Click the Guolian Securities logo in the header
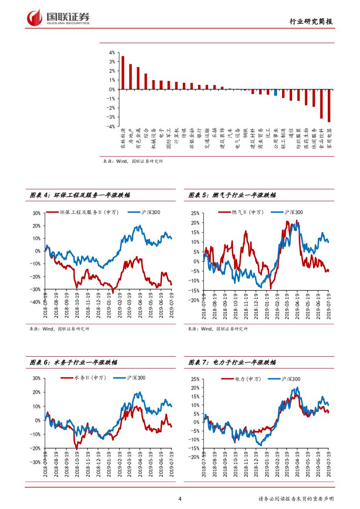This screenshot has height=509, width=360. pos(58,18)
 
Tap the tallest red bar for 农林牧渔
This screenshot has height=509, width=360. pos(123,72)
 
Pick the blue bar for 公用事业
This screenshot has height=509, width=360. pos(276,92)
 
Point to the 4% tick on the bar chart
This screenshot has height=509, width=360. pos(112,52)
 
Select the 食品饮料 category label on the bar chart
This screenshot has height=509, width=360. pos(321,139)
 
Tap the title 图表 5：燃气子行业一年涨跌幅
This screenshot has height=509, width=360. pos(232,196)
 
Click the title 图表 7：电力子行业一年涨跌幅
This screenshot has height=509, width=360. pos(232,362)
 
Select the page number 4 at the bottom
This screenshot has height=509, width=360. pos(180,499)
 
